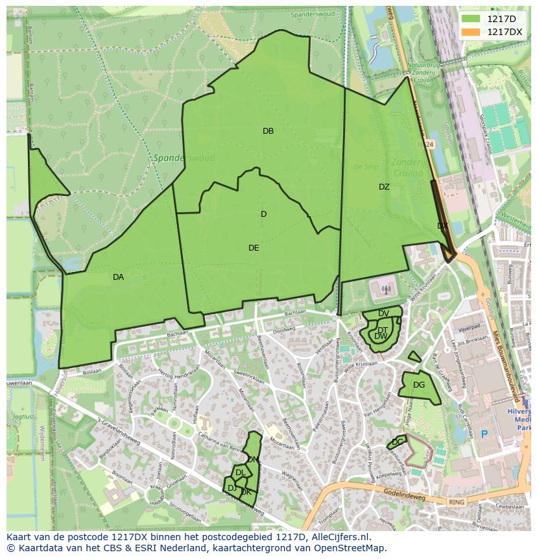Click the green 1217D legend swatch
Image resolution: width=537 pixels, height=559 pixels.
coord(471,19)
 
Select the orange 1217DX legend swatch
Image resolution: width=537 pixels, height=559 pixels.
coord(471,32)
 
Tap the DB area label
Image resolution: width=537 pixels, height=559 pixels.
coord(268,131)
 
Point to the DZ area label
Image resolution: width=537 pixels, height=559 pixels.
coord(384,187)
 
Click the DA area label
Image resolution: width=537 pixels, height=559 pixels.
coord(118,277)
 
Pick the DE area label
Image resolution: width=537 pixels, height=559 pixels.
coord(254,248)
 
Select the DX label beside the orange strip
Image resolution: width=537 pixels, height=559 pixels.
coord(442,226)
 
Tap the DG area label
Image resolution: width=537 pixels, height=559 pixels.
coord(419,385)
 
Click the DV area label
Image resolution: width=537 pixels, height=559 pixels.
coord(383,314)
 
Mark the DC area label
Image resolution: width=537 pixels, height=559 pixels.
coord(398,442)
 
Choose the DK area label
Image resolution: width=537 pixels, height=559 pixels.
coord(246,492)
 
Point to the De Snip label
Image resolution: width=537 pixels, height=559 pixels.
coord(365,166)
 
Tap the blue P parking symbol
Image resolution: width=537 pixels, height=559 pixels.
coord(483,434)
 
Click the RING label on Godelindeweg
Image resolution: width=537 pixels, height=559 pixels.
coord(457,502)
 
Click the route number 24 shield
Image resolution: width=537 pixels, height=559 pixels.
coord(429,143)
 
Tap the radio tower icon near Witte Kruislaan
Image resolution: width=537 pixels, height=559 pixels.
coord(385,290)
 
